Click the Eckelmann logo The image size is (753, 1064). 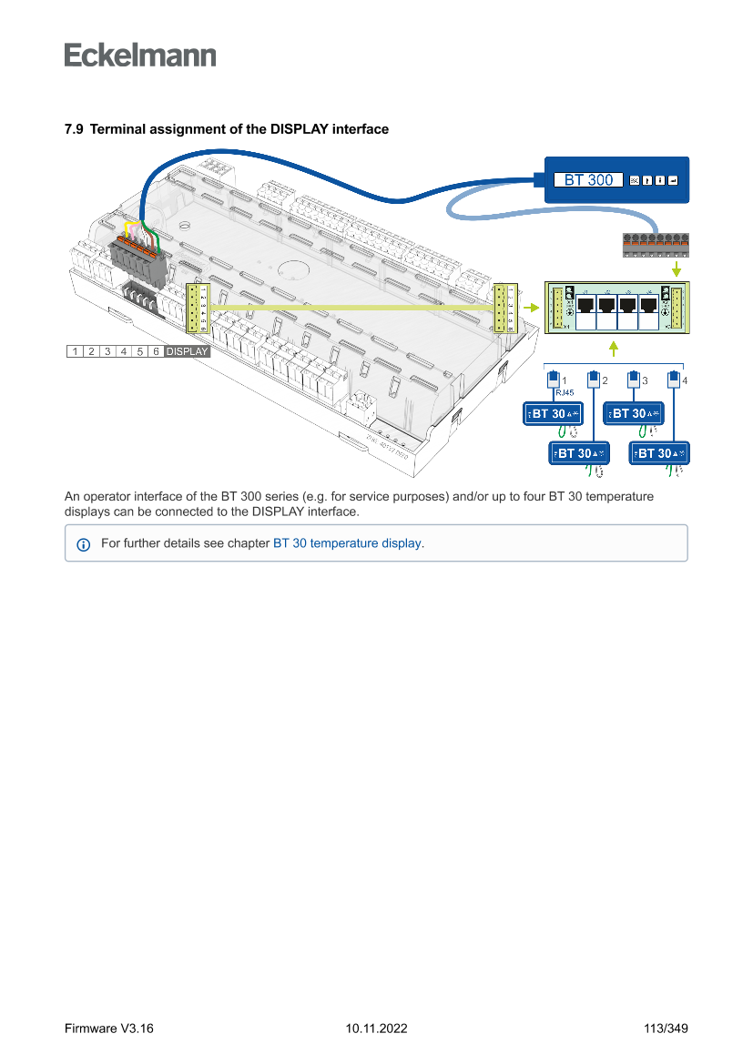click(140, 55)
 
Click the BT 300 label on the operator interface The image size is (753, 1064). click(588, 180)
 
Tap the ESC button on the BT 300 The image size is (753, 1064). click(635, 180)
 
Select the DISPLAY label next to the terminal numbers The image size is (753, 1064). click(187, 351)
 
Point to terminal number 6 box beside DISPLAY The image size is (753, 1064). click(156, 351)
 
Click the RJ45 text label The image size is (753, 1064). click(564, 393)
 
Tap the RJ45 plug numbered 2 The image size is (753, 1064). click(593, 380)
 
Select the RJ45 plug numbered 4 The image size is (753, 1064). click(674, 380)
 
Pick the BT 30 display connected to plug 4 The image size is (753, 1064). click(659, 453)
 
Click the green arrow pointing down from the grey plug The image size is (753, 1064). click(676, 270)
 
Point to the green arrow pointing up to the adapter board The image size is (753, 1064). click(615, 348)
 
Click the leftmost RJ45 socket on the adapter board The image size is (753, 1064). click(586, 306)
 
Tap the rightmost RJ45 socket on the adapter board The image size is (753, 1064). click(648, 306)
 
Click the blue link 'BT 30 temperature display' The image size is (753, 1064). click(347, 543)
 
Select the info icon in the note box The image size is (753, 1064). click(84, 544)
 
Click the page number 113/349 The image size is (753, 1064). click(666, 1029)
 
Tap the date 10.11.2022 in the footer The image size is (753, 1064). click(376, 1029)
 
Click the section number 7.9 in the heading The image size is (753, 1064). click(74, 129)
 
